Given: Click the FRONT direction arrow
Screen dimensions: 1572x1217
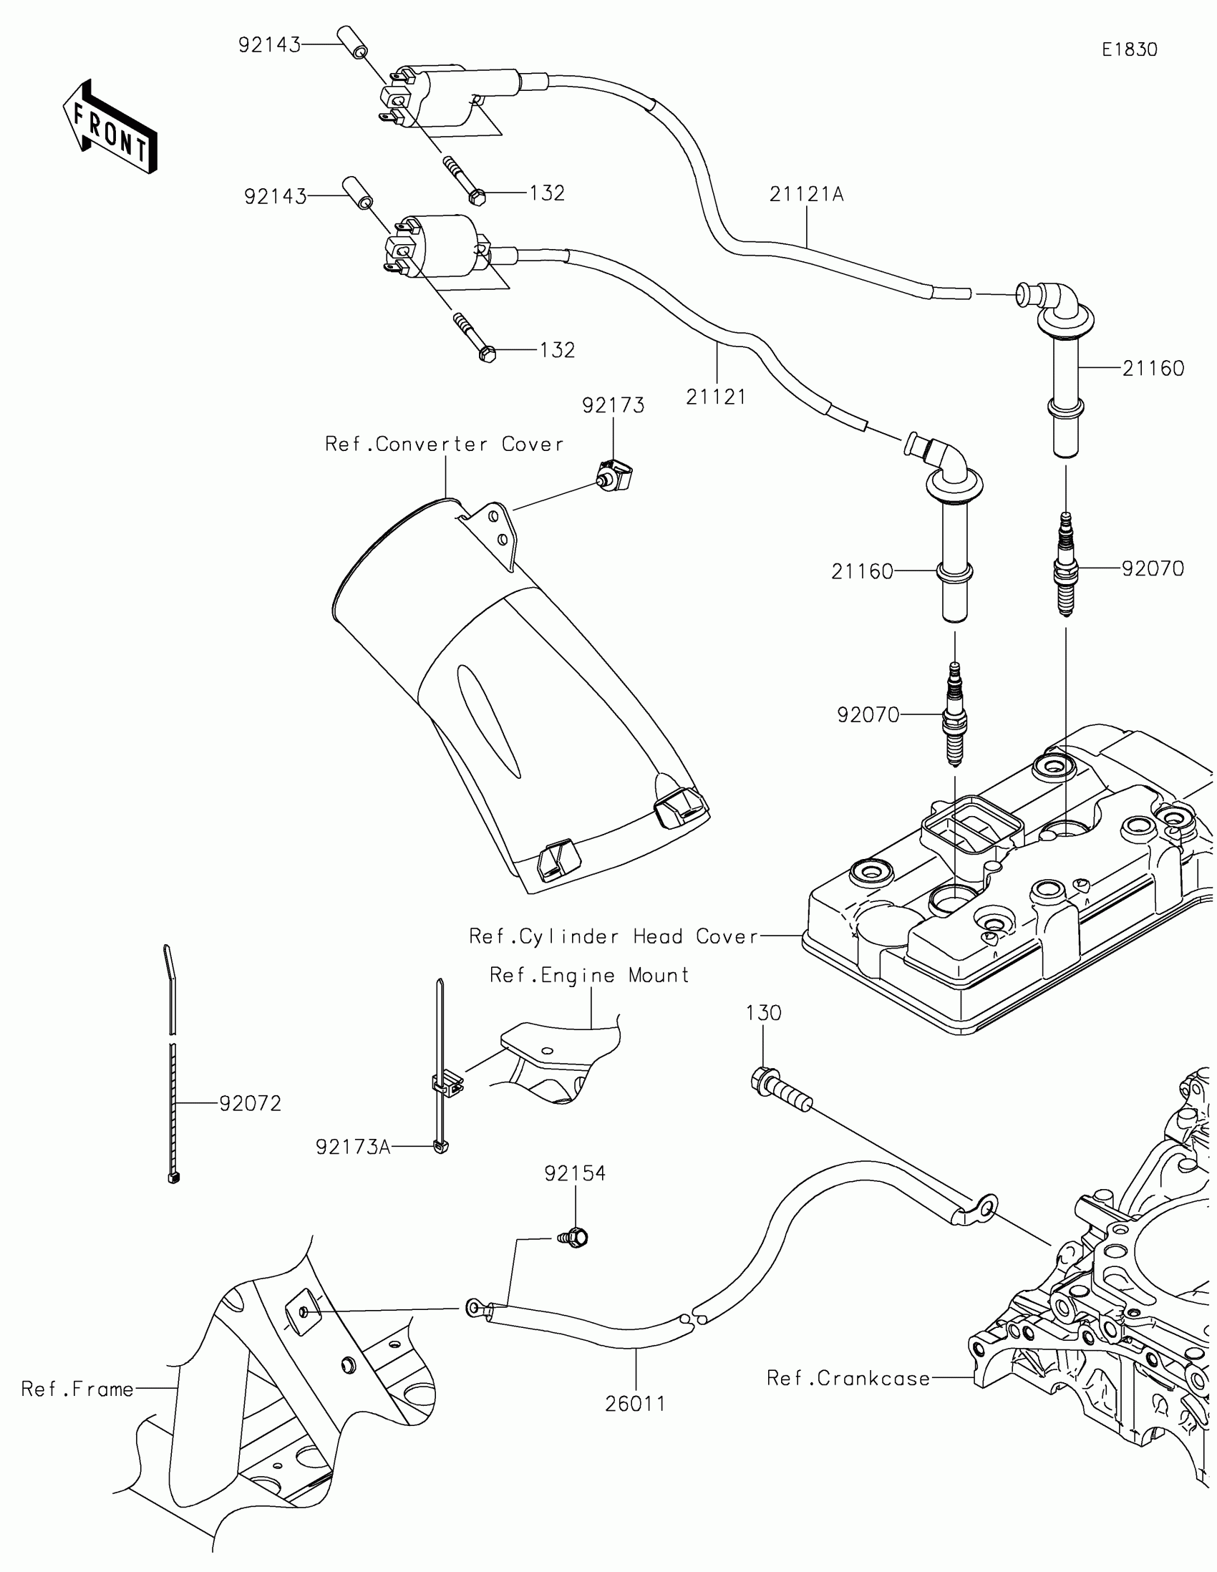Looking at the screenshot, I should pyautogui.click(x=110, y=127).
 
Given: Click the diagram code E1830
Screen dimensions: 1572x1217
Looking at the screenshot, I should pyautogui.click(x=1129, y=49).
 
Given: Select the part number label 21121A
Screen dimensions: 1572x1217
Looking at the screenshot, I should pyautogui.click(x=806, y=194).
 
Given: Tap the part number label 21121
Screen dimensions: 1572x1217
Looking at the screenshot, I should pyautogui.click(x=716, y=397).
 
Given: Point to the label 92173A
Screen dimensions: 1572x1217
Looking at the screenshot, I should pyautogui.click(x=353, y=1148).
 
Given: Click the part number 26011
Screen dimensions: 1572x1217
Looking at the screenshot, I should pyautogui.click(x=636, y=1404).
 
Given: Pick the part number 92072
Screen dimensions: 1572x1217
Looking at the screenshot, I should pyautogui.click(x=251, y=1103).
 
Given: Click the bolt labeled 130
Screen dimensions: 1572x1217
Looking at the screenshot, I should pyautogui.click(x=781, y=1092).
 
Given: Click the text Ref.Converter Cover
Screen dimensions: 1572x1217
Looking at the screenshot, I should pyautogui.click(x=444, y=444).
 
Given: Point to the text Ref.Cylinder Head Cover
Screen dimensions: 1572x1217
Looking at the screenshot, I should pyautogui.click(x=614, y=936).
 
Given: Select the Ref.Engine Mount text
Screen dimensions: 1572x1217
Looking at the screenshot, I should pyautogui.click(x=589, y=975).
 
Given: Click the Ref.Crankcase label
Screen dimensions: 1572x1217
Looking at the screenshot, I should pyautogui.click(x=848, y=1379).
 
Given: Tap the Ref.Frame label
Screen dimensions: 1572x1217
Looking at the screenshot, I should pyautogui.click(x=78, y=1389).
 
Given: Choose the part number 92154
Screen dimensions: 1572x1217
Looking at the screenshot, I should pyautogui.click(x=575, y=1174).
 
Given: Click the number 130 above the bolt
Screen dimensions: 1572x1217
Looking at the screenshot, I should pyautogui.click(x=764, y=1014).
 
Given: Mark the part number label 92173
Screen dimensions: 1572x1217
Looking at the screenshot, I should pyautogui.click(x=614, y=405).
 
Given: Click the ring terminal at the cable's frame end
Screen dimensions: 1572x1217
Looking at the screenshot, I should pyautogui.click(x=474, y=1308).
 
